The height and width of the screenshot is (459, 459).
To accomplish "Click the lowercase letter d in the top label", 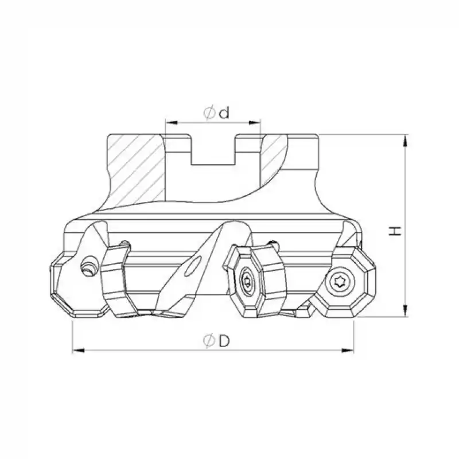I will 224,113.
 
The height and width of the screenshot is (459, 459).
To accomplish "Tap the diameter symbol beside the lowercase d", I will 209,113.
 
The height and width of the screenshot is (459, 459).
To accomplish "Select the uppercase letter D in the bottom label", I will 224,341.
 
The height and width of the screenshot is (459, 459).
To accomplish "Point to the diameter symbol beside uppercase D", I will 209,341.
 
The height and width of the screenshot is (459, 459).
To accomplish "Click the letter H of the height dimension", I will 395,230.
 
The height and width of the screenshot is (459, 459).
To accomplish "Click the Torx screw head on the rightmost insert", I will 337,281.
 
